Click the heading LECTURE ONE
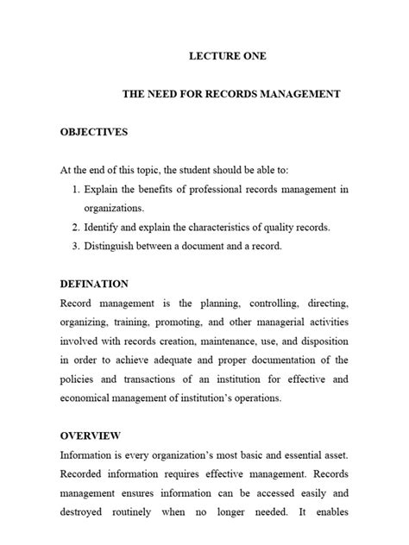tap(229, 57)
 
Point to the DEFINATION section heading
tap(94, 284)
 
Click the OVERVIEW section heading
tap(90, 435)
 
